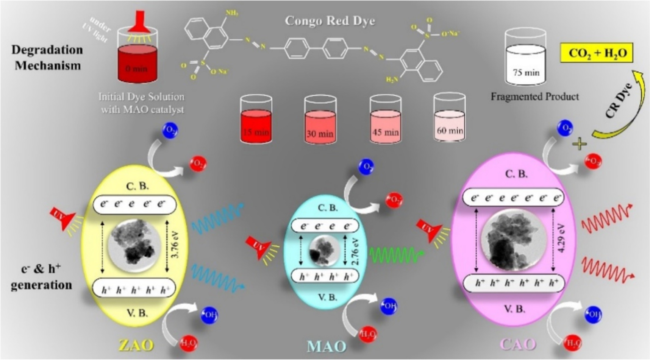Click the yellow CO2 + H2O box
click(x=597, y=53)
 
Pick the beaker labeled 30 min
click(x=320, y=121)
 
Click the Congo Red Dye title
click(x=330, y=20)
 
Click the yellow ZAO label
click(x=136, y=345)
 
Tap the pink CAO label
click(x=518, y=344)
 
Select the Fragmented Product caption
click(x=534, y=97)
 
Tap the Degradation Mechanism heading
click(x=47, y=58)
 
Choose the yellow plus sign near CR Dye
click(x=579, y=144)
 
